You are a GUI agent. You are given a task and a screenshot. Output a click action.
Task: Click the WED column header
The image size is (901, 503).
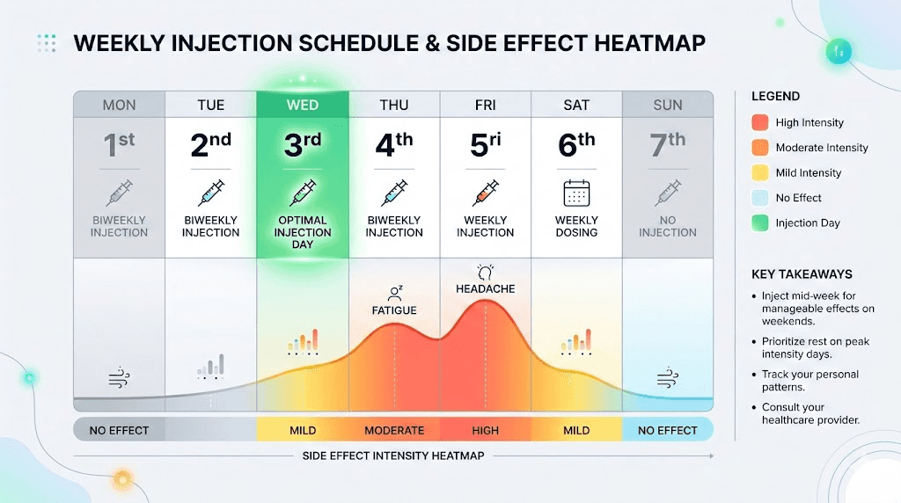pyautogui.click(x=302, y=105)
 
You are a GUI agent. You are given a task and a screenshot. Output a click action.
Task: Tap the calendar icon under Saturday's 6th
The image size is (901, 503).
pyautogui.click(x=576, y=193)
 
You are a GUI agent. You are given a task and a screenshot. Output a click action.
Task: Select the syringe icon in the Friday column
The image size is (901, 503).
pyautogui.click(x=485, y=193)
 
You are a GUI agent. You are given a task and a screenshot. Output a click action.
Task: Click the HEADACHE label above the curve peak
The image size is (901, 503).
pyautogui.click(x=485, y=288)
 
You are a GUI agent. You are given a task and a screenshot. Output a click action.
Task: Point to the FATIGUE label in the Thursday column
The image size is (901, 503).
pyautogui.click(x=394, y=310)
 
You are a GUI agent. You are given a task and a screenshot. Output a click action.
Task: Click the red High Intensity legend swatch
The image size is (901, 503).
pyautogui.click(x=761, y=123)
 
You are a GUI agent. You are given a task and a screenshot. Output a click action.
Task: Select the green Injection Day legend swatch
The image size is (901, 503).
pyautogui.click(x=761, y=223)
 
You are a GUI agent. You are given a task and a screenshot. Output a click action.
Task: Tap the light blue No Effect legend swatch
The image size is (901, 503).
pyautogui.click(x=761, y=198)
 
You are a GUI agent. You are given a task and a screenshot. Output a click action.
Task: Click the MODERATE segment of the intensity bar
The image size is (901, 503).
pyautogui.click(x=394, y=431)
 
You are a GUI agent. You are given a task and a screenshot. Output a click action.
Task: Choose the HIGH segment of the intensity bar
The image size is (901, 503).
pyautogui.click(x=485, y=431)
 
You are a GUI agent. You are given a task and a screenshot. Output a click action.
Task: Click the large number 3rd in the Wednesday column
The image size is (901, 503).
pyautogui.click(x=302, y=144)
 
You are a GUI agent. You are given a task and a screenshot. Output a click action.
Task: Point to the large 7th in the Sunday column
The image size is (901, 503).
pyautogui.click(x=668, y=144)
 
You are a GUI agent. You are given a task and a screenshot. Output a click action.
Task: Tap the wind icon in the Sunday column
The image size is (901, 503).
pyautogui.click(x=668, y=379)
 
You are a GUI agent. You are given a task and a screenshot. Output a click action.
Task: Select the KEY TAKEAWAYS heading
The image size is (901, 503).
pyautogui.click(x=802, y=273)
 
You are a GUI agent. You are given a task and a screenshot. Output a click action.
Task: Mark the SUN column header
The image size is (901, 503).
pyautogui.click(x=668, y=105)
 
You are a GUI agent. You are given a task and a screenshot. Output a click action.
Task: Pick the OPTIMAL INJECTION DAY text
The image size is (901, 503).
pyautogui.click(x=302, y=232)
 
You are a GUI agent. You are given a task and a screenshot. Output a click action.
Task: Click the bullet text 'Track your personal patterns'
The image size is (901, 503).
pyautogui.click(x=809, y=381)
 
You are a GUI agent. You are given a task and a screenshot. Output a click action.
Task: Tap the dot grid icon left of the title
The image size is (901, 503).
pyautogui.click(x=47, y=43)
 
